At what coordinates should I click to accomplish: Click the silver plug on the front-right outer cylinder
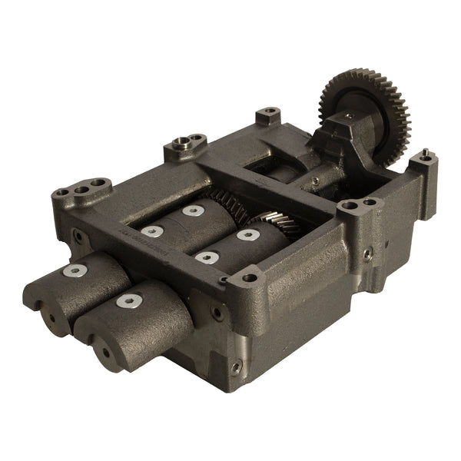(x=126, y=301)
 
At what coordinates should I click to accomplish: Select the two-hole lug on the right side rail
(x=358, y=205)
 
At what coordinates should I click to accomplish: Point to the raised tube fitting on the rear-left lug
(x=182, y=141)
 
